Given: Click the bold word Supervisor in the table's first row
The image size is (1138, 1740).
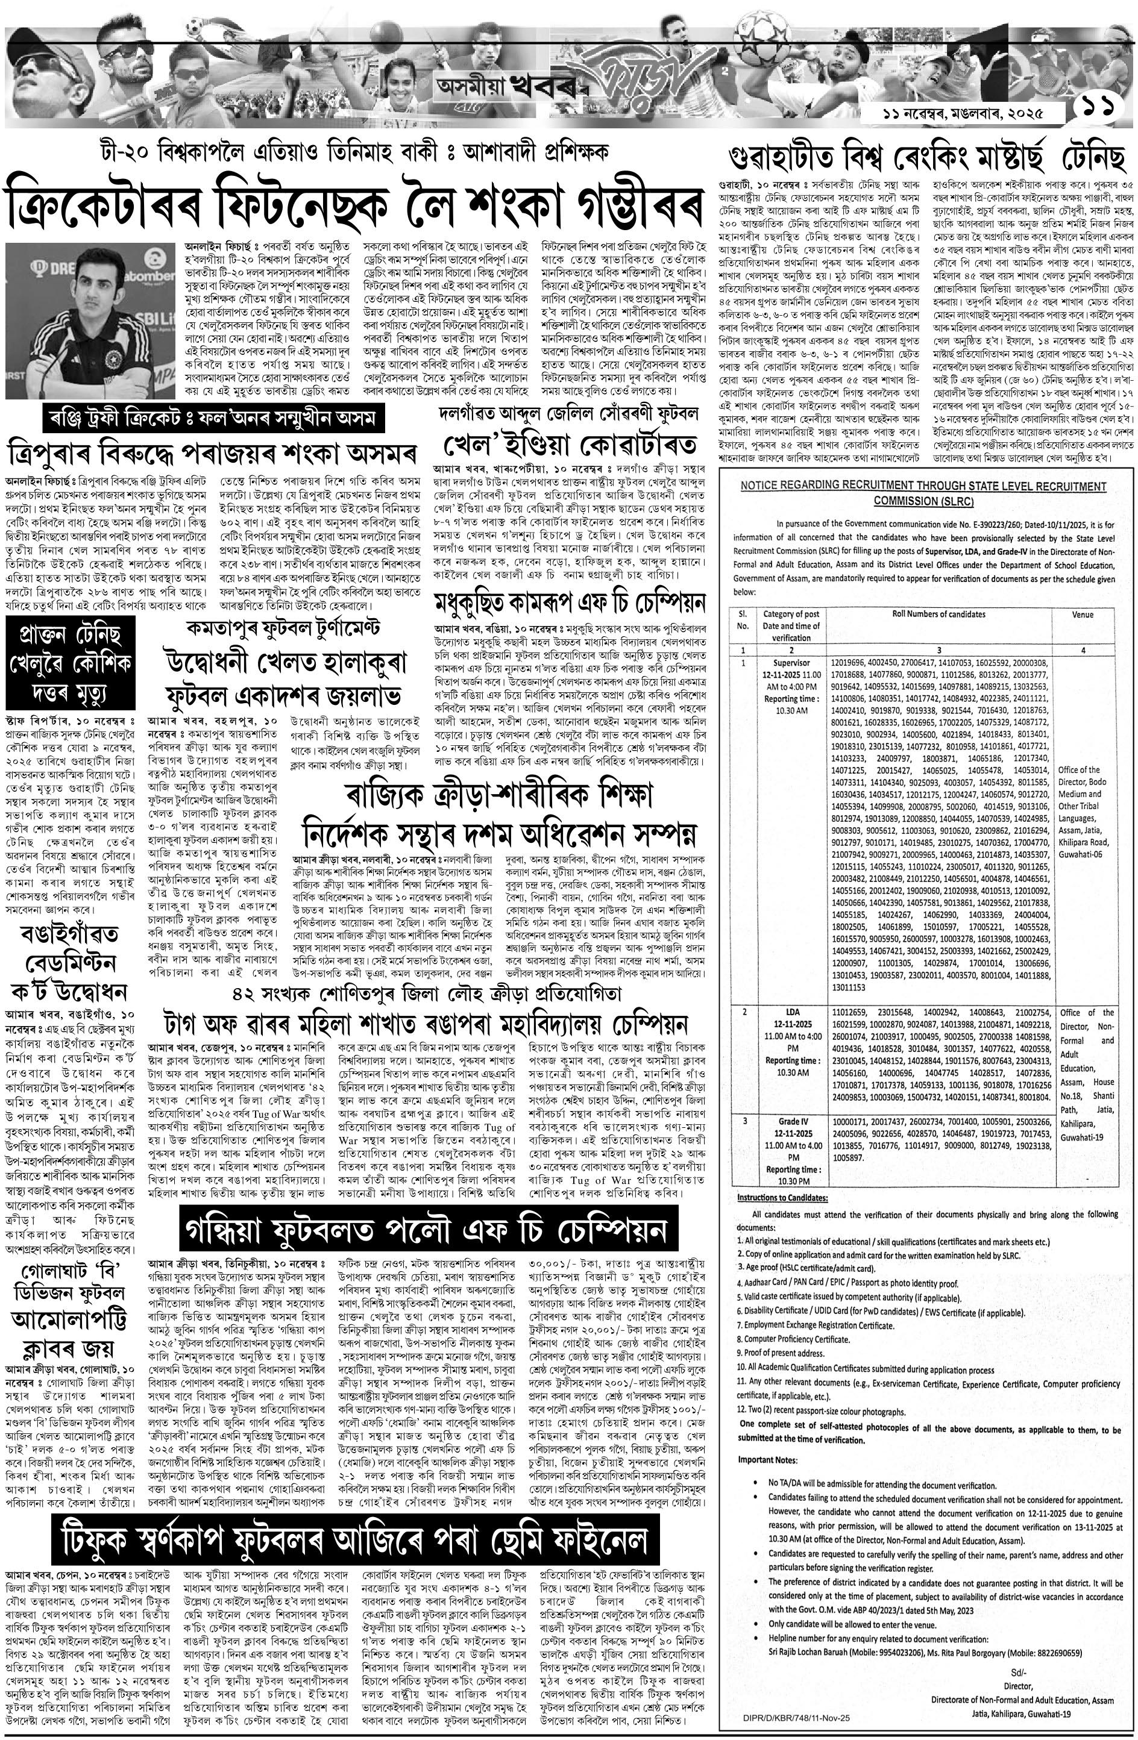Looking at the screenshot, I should coord(791,663).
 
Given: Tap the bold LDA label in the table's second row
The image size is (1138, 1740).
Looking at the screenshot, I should coord(791,1012).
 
